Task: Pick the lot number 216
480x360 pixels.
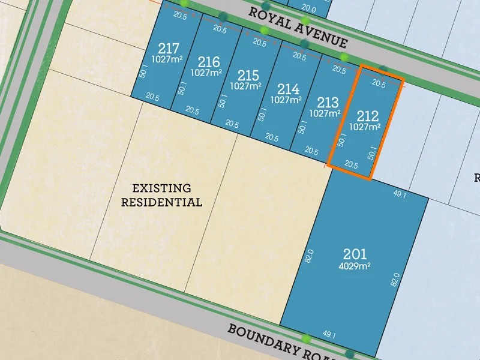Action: pyautogui.click(x=208, y=62)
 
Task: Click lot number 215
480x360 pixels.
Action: pyautogui.click(x=248, y=76)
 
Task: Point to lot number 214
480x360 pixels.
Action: pyautogui.click(x=288, y=89)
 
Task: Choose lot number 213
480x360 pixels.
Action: pyautogui.click(x=327, y=102)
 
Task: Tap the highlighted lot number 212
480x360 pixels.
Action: pyautogui.click(x=367, y=116)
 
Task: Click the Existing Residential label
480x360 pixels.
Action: pyautogui.click(x=161, y=195)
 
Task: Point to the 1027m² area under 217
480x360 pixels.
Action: pyautogui.click(x=166, y=59)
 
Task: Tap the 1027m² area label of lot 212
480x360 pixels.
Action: pyautogui.click(x=365, y=127)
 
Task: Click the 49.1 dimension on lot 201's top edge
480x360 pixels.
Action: pyautogui.click(x=400, y=194)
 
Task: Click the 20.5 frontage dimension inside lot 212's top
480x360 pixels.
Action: pyautogui.click(x=379, y=84)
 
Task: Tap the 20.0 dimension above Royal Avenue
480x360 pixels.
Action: pyautogui.click(x=308, y=9)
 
